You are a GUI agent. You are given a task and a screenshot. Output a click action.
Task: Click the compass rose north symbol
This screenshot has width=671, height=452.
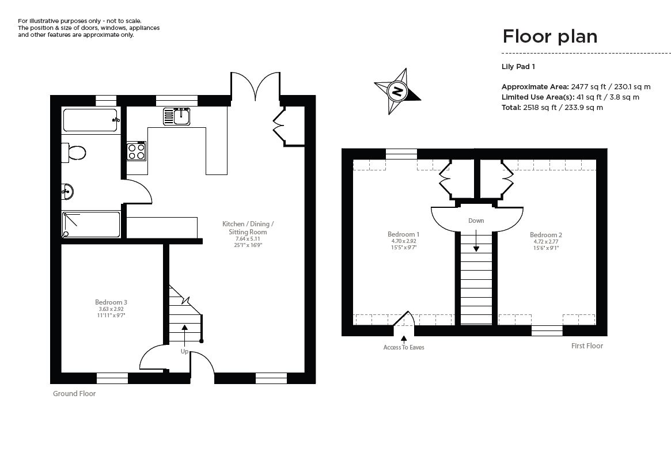click(x=397, y=91)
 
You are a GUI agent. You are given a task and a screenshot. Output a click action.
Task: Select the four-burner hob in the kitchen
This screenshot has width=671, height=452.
click(x=137, y=151)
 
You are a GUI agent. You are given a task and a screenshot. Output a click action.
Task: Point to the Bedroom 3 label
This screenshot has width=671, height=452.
click(x=111, y=302)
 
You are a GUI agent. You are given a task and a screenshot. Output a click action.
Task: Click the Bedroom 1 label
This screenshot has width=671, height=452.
click(x=403, y=234)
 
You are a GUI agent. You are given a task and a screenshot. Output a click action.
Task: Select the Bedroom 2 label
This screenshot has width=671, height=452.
click(x=546, y=235)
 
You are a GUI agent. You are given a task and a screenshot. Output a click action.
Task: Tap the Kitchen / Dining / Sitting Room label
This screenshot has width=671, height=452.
click(x=248, y=227)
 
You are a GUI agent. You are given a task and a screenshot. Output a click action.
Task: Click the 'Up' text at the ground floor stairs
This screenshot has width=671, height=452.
click(x=184, y=351)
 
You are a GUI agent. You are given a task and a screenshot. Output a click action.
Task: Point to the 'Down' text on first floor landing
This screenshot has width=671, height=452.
click(x=476, y=221)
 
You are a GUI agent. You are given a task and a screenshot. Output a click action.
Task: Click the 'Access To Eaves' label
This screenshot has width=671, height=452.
click(x=404, y=347)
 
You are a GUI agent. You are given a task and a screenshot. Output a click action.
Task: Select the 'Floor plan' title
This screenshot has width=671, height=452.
click(x=549, y=36)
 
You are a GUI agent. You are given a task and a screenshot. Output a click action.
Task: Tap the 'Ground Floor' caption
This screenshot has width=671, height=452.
click(x=74, y=394)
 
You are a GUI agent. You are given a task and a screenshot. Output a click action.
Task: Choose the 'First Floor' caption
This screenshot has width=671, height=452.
click(x=587, y=346)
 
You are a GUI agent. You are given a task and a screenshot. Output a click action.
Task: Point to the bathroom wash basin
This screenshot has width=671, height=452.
click(x=68, y=191)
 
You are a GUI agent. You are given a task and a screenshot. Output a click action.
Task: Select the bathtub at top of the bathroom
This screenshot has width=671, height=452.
click(x=90, y=120)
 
